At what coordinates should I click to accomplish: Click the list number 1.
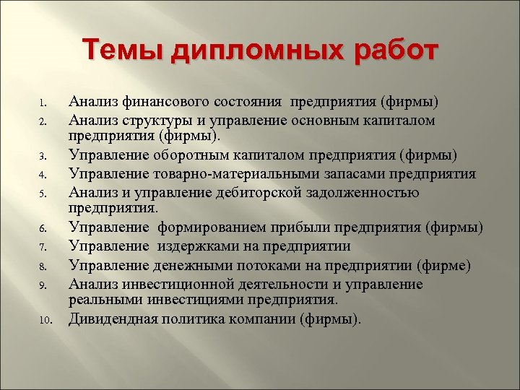[x=43, y=102]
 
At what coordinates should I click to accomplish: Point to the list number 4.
[x=43, y=174]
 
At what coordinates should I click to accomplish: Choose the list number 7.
[x=43, y=248]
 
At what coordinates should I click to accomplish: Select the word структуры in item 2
[x=157, y=118]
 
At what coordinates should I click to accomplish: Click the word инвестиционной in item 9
[x=171, y=284]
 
